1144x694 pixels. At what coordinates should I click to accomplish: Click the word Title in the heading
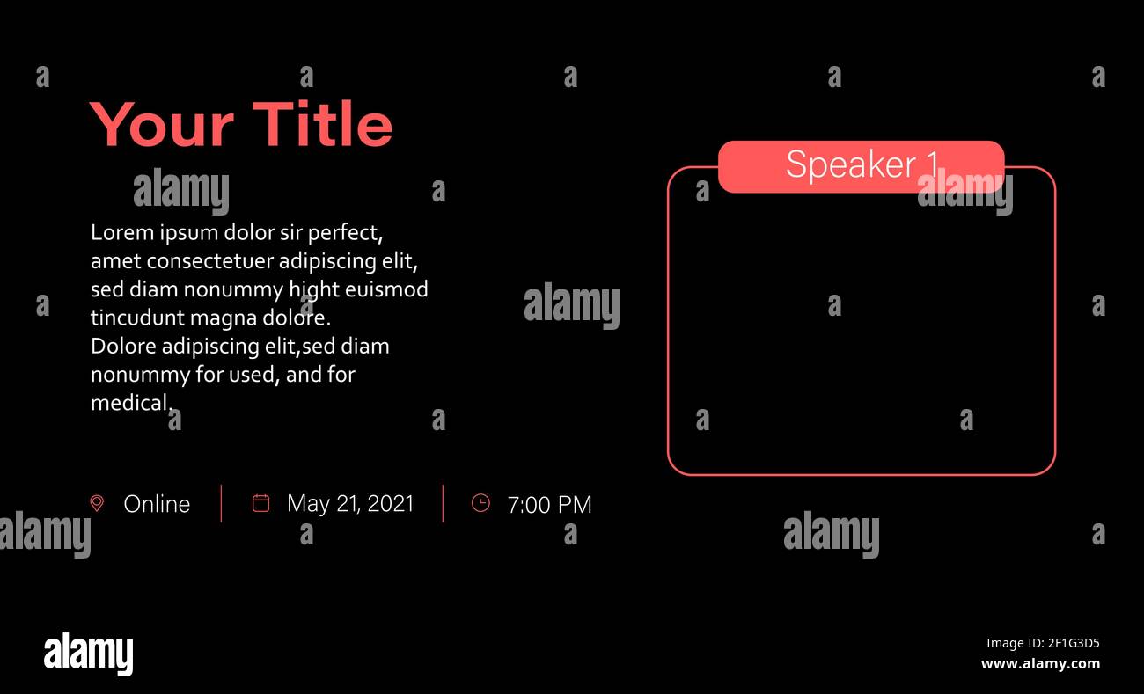[x=323, y=124]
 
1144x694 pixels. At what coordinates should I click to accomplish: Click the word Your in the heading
[x=162, y=125]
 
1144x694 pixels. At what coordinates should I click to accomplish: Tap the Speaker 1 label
[x=862, y=164]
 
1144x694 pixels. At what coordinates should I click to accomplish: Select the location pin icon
[x=97, y=503]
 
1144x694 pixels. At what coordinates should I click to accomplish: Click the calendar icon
[x=261, y=502]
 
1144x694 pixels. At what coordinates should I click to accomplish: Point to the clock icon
[x=480, y=502]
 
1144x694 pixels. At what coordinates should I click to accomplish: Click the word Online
[x=157, y=504]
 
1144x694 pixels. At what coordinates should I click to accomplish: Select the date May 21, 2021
[x=350, y=504]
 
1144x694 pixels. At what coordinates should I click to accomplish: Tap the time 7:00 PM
[x=549, y=505]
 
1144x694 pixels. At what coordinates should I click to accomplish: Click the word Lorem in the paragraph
[x=122, y=233]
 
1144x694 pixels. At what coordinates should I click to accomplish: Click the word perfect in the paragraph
[x=345, y=234]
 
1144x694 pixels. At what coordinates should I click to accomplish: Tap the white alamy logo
[x=88, y=654]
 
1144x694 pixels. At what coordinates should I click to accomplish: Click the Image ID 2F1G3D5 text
[x=1043, y=643]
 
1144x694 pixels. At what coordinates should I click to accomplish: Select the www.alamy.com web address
[x=1040, y=664]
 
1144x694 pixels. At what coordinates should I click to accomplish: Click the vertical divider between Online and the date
[x=221, y=504]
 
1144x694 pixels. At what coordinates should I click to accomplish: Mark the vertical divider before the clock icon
[x=443, y=504]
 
